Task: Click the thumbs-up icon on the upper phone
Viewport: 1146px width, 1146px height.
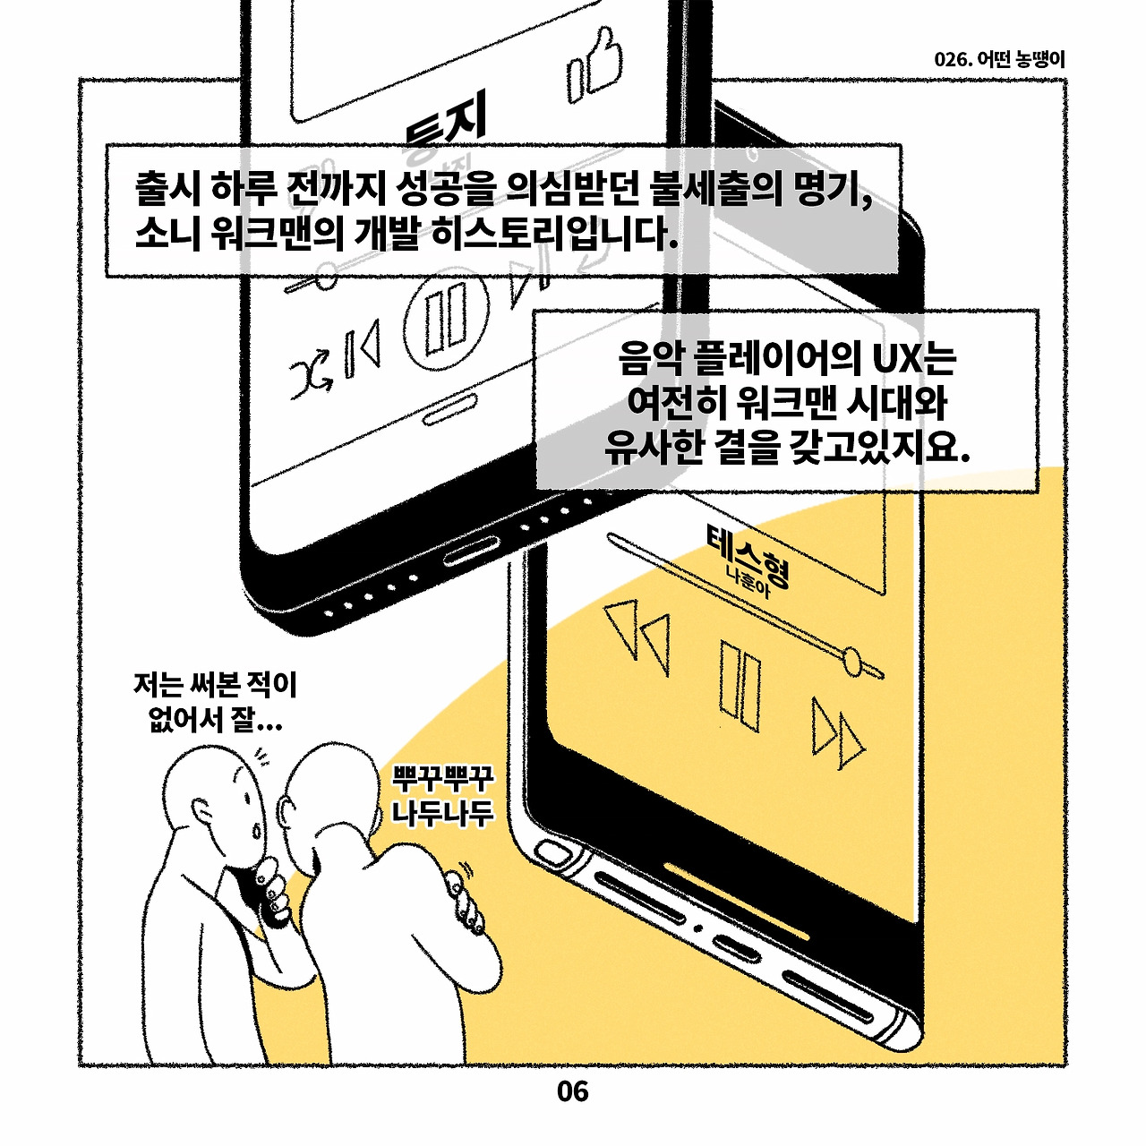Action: (594, 66)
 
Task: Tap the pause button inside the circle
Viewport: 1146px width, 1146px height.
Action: (446, 318)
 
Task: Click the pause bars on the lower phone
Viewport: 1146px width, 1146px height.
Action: (740, 686)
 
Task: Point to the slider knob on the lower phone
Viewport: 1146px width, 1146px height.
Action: (852, 661)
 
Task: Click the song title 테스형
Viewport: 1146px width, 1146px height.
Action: (748, 555)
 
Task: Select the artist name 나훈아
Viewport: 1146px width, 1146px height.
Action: (750, 583)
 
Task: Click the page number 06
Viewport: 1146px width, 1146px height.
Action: (572, 1091)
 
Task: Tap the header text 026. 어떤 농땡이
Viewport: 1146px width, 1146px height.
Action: (999, 59)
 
